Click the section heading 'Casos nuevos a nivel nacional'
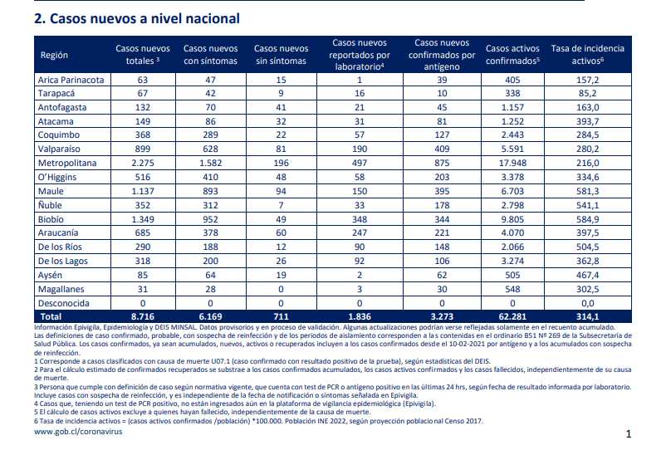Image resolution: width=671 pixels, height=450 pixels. pyautogui.click(x=144, y=19)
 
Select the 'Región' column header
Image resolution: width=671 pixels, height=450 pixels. pyautogui.click(x=54, y=55)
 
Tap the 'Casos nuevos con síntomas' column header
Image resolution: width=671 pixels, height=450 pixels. pyautogui.click(x=211, y=55)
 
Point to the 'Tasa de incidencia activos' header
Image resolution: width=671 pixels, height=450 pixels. pyautogui.click(x=588, y=55)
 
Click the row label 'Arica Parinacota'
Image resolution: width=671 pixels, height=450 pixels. pyautogui.click(x=71, y=80)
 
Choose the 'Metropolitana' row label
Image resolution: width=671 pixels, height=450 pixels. pyautogui.click(x=67, y=163)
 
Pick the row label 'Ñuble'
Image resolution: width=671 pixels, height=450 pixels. pyautogui.click(x=50, y=205)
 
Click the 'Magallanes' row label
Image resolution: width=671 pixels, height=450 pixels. pyautogui.click(x=61, y=289)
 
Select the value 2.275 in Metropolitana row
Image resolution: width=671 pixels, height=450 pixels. pyautogui.click(x=143, y=163)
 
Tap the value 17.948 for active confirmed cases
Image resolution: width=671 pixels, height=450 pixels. pyautogui.click(x=512, y=163)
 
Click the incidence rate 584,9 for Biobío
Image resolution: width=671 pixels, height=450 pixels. pyautogui.click(x=588, y=219)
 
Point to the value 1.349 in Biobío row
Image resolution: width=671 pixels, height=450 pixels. pyautogui.click(x=143, y=219)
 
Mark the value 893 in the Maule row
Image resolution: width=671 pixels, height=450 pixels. pyautogui.click(x=211, y=191)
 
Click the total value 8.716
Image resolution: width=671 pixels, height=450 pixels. pyautogui.click(x=143, y=317)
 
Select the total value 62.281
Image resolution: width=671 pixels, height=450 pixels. pyautogui.click(x=512, y=317)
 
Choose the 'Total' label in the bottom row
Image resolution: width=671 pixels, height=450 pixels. pyautogui.click(x=51, y=317)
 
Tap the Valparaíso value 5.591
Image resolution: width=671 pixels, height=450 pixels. pyautogui.click(x=512, y=149)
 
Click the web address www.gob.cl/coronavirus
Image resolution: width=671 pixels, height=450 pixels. pyautogui.click(x=78, y=432)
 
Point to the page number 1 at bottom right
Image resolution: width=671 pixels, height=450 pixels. pyautogui.click(x=629, y=434)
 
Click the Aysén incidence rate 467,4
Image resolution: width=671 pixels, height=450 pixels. pyautogui.click(x=588, y=275)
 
